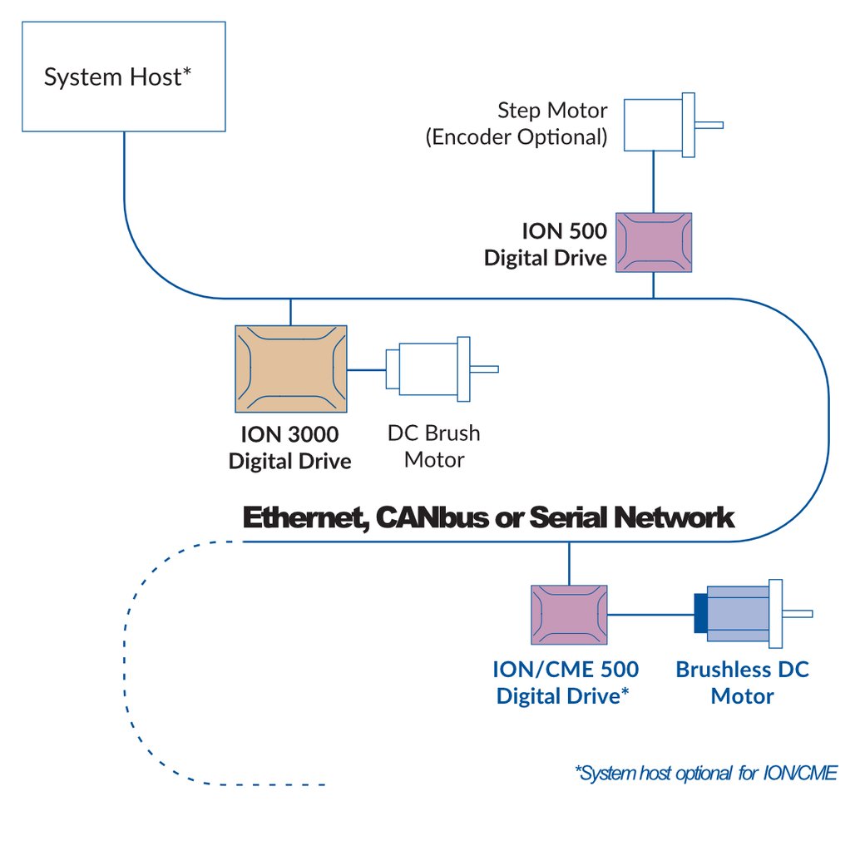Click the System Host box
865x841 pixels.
(123, 77)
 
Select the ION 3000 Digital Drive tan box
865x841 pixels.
(291, 369)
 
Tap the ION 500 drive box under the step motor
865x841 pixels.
(654, 242)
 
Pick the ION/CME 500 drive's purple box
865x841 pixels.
(569, 616)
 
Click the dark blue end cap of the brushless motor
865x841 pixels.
(699, 615)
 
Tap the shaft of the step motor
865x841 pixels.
(709, 126)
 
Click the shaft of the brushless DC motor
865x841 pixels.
(798, 615)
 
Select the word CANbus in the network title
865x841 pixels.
(428, 517)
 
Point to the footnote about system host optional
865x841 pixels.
(705, 774)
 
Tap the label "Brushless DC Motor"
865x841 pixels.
(742, 682)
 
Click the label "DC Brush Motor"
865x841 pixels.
(433, 446)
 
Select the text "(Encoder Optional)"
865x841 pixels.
(517, 137)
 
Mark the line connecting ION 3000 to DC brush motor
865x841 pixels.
(366, 369)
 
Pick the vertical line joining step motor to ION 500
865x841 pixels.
(654, 181)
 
